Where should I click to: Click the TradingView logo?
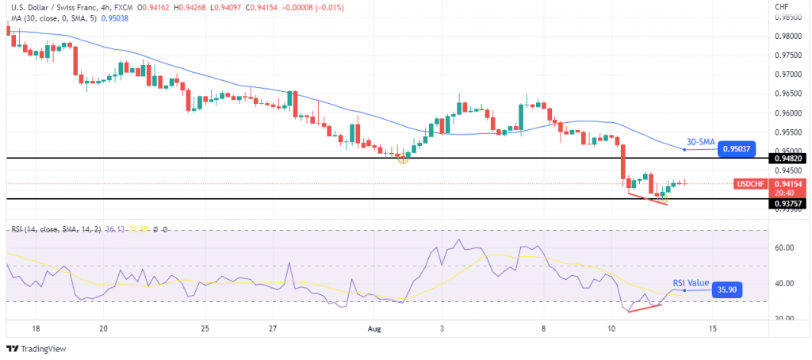tap(38, 348)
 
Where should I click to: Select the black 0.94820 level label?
tap(790, 159)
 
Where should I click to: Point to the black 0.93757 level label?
tap(790, 203)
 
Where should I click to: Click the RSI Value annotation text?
tap(690, 282)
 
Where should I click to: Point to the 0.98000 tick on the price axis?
tap(789, 36)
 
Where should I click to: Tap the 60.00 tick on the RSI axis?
tap(785, 247)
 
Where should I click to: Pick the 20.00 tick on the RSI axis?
tap(785, 319)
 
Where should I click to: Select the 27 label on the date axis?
tap(272, 327)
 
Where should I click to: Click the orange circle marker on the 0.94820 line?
tap(403, 159)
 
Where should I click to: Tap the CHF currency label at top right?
tap(783, 6)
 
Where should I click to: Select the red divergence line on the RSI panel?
tap(645, 308)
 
